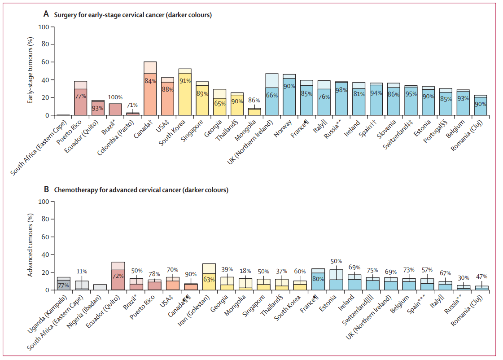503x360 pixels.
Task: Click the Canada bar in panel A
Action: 150,90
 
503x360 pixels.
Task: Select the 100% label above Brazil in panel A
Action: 115,97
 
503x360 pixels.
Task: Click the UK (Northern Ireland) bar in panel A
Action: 272,95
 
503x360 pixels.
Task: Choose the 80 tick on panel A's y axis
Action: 44,44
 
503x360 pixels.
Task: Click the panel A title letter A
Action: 46,14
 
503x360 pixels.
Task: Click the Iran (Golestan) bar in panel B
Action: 209,277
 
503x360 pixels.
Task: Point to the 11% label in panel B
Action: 82,272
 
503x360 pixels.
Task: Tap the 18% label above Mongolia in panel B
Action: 245,271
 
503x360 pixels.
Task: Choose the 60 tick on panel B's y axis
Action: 44,237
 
